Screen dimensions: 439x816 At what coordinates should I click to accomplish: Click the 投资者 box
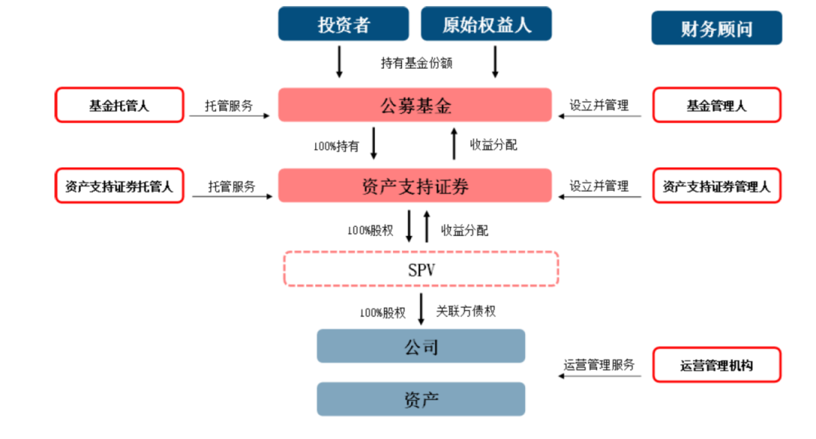tap(344, 23)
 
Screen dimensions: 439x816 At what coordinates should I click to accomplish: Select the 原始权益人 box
tap(487, 23)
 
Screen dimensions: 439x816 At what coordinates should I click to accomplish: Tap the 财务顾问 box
tap(716, 29)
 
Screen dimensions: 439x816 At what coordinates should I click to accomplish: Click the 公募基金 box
tap(415, 105)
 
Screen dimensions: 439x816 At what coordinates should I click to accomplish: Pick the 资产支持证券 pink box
tap(415, 186)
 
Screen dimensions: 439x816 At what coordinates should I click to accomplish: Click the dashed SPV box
tap(421, 269)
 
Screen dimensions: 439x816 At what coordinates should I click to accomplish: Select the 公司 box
tap(421, 347)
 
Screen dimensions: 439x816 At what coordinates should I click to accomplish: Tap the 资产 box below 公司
tap(421, 399)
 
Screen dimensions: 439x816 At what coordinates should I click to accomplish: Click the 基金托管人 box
tap(119, 106)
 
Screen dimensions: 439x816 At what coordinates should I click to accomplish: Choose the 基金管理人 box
tap(716, 106)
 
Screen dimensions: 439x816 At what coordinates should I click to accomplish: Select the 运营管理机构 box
tap(716, 366)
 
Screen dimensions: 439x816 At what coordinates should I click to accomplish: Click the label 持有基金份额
tap(416, 63)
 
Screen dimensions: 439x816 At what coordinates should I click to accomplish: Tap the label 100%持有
tap(336, 146)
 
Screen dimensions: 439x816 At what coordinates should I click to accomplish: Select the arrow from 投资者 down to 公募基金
tap(339, 62)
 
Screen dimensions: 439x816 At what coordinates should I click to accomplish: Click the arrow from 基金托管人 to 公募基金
tap(230, 116)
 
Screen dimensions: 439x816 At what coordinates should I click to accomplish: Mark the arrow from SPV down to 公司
tap(421, 309)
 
